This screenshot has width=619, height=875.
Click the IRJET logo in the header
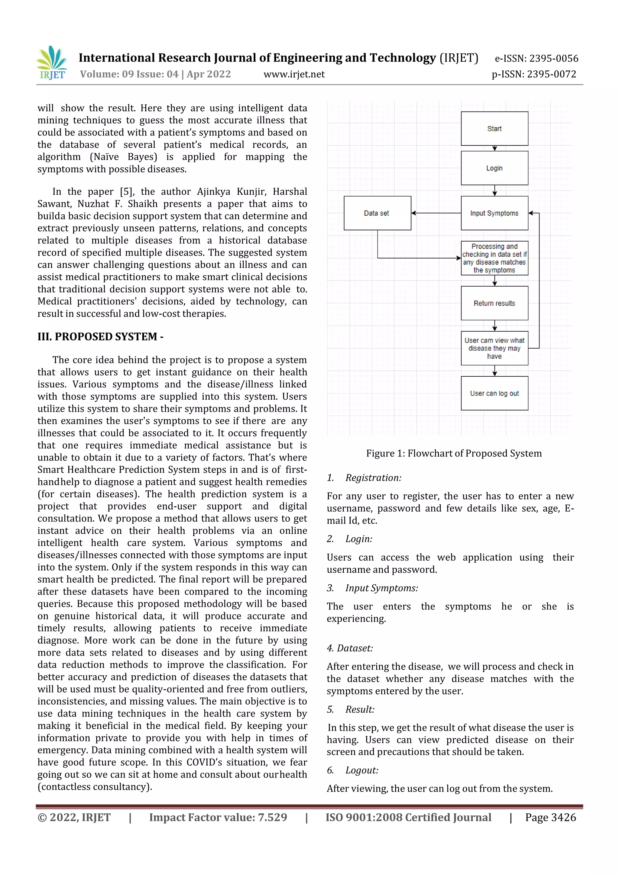tap(52, 63)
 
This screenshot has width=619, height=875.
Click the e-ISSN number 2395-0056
tap(536, 58)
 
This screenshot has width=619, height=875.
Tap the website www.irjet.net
tap(294, 74)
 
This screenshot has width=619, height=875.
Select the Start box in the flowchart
tap(494, 128)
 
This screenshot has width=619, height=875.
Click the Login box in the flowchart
tap(494, 168)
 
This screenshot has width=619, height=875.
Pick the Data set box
tap(377, 213)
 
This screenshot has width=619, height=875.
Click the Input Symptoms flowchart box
tap(494, 213)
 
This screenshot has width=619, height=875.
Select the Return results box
tap(494, 303)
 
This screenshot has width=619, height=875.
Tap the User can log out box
tap(494, 393)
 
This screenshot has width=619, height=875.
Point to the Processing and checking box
tap(494, 258)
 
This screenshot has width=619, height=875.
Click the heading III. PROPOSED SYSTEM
tap(100, 337)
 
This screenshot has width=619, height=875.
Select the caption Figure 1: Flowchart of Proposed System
tap(454, 453)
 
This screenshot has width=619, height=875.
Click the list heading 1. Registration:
tap(364, 478)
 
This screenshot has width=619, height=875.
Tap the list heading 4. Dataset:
tap(350, 648)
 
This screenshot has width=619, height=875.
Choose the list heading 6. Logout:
tap(353, 770)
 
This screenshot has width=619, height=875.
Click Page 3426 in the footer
tap(550, 818)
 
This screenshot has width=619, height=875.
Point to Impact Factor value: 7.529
tap(218, 818)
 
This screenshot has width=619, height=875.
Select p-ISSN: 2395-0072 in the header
tap(534, 74)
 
